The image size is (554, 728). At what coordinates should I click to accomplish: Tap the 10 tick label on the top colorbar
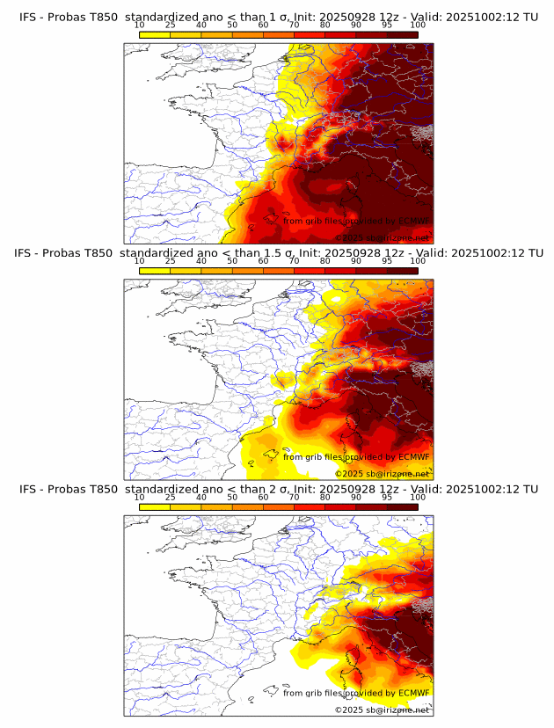pyautogui.click(x=140, y=25)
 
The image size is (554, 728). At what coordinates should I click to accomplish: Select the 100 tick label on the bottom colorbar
pyautogui.click(x=418, y=498)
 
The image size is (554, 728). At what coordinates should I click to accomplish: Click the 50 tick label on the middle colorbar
pyautogui.click(x=232, y=261)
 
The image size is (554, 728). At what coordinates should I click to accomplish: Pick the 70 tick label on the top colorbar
pyautogui.click(x=294, y=25)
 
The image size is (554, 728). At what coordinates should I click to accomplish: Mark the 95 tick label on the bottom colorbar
pyautogui.click(x=387, y=498)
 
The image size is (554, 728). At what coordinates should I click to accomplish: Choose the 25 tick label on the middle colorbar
pyautogui.click(x=171, y=261)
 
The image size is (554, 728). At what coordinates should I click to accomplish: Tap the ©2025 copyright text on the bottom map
pyautogui.click(x=349, y=710)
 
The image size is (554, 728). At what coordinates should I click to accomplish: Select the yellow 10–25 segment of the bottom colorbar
pyautogui.click(x=155, y=506)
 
